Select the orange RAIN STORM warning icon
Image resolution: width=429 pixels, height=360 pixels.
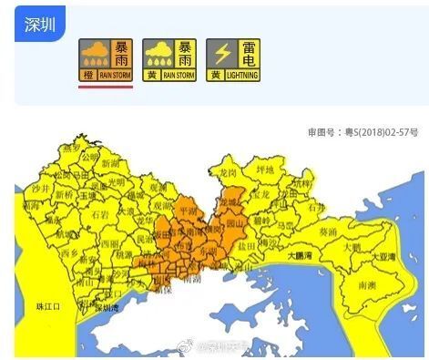[106, 59]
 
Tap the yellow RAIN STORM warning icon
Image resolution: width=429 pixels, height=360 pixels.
[169, 59]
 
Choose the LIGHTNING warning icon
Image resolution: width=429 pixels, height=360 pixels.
[232, 59]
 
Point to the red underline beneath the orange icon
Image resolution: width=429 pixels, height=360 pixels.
[106, 87]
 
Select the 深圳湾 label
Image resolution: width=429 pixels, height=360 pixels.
[106, 307]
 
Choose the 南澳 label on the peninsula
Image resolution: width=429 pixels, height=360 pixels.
[366, 285]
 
